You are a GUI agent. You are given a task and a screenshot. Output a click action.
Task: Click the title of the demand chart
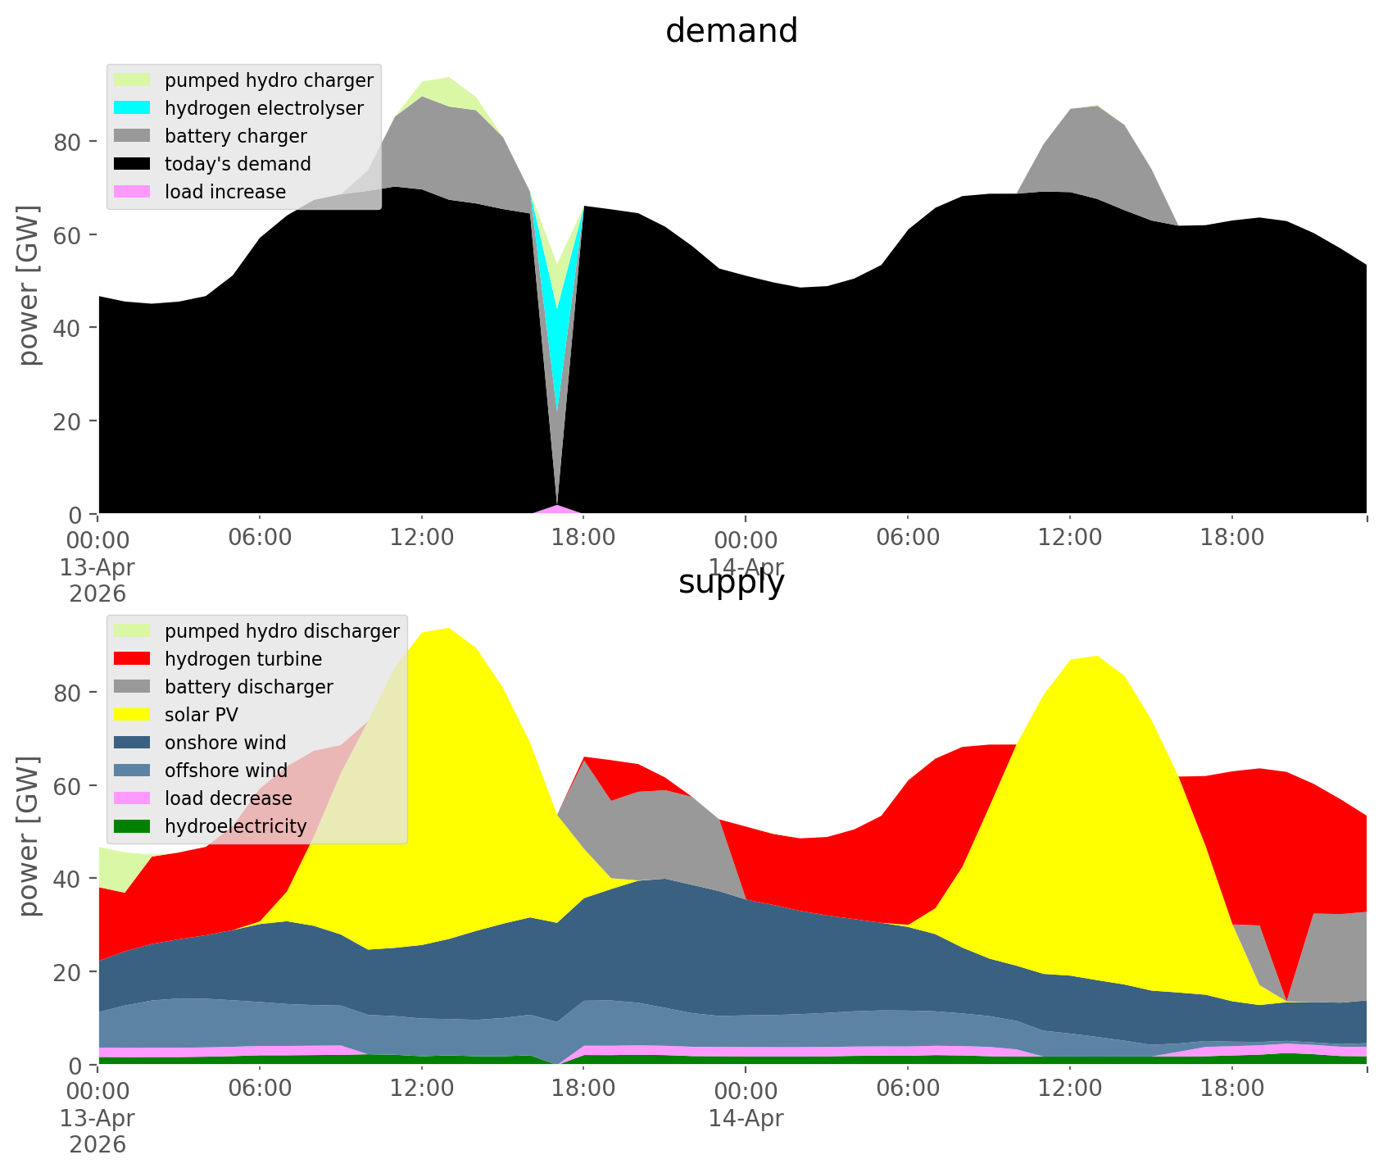pos(732,31)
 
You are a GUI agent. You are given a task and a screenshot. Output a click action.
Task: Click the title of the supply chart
pos(732,582)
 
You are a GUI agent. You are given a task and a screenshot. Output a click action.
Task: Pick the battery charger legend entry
pos(235,136)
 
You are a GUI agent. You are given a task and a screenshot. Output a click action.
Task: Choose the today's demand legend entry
pos(238,164)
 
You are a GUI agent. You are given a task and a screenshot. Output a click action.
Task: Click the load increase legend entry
pos(225,192)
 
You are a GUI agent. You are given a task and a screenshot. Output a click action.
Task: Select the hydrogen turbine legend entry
pos(243,659)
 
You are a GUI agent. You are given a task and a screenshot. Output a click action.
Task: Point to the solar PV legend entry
pos(201,715)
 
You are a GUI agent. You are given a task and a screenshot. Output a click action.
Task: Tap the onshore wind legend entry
pos(225,743)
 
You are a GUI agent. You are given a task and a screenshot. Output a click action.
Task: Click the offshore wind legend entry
pos(226,771)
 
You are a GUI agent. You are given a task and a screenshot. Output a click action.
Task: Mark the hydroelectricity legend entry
pos(235,826)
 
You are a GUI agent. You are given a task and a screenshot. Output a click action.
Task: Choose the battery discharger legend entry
pos(248,687)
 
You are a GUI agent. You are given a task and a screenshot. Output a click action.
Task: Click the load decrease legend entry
pos(228,798)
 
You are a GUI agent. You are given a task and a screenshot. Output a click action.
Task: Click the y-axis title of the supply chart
pos(29,836)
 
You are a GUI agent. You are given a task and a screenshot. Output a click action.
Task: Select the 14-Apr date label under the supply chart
pos(746,1118)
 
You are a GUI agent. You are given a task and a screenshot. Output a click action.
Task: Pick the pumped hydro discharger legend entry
pos(282,631)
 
